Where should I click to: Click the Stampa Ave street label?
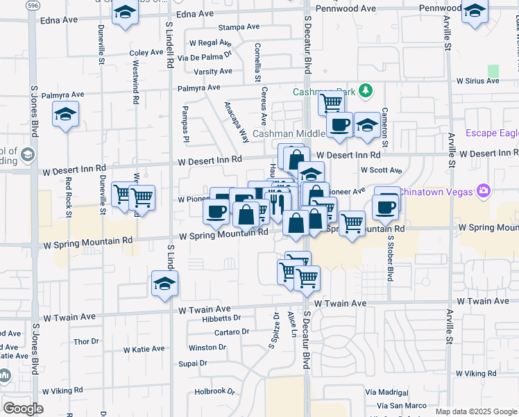tap(238, 27)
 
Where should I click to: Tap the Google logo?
tap(23, 409)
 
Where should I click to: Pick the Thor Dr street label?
tap(87, 341)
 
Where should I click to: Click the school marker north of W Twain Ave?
tap(165, 284)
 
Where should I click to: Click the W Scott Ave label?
tap(381, 170)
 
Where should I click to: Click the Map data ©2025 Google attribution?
tap(475, 411)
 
